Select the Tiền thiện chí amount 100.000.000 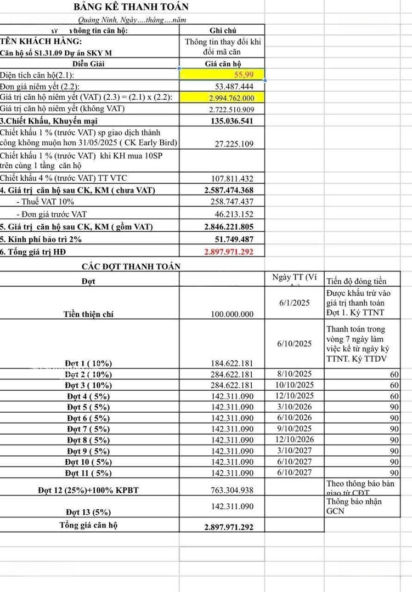232,314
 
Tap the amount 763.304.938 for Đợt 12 232,489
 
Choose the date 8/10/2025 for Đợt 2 295,374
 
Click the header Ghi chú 223,31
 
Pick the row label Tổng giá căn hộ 88,525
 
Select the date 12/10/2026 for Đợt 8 295,440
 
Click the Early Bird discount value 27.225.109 232,144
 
